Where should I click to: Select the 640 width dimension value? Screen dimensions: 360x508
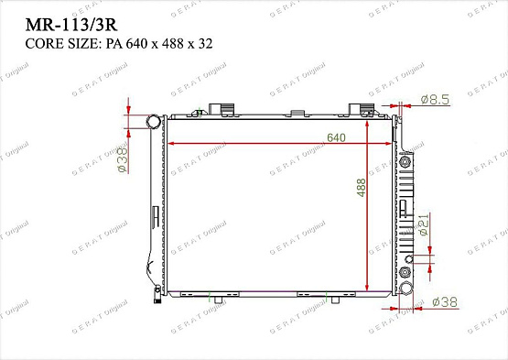tap(338, 138)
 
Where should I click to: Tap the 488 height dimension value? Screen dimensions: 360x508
tap(362, 188)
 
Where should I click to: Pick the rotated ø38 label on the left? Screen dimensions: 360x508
tap(121, 158)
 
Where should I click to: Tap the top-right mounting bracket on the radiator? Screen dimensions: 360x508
tap(368, 109)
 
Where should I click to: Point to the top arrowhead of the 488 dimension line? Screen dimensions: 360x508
tap(369, 121)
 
